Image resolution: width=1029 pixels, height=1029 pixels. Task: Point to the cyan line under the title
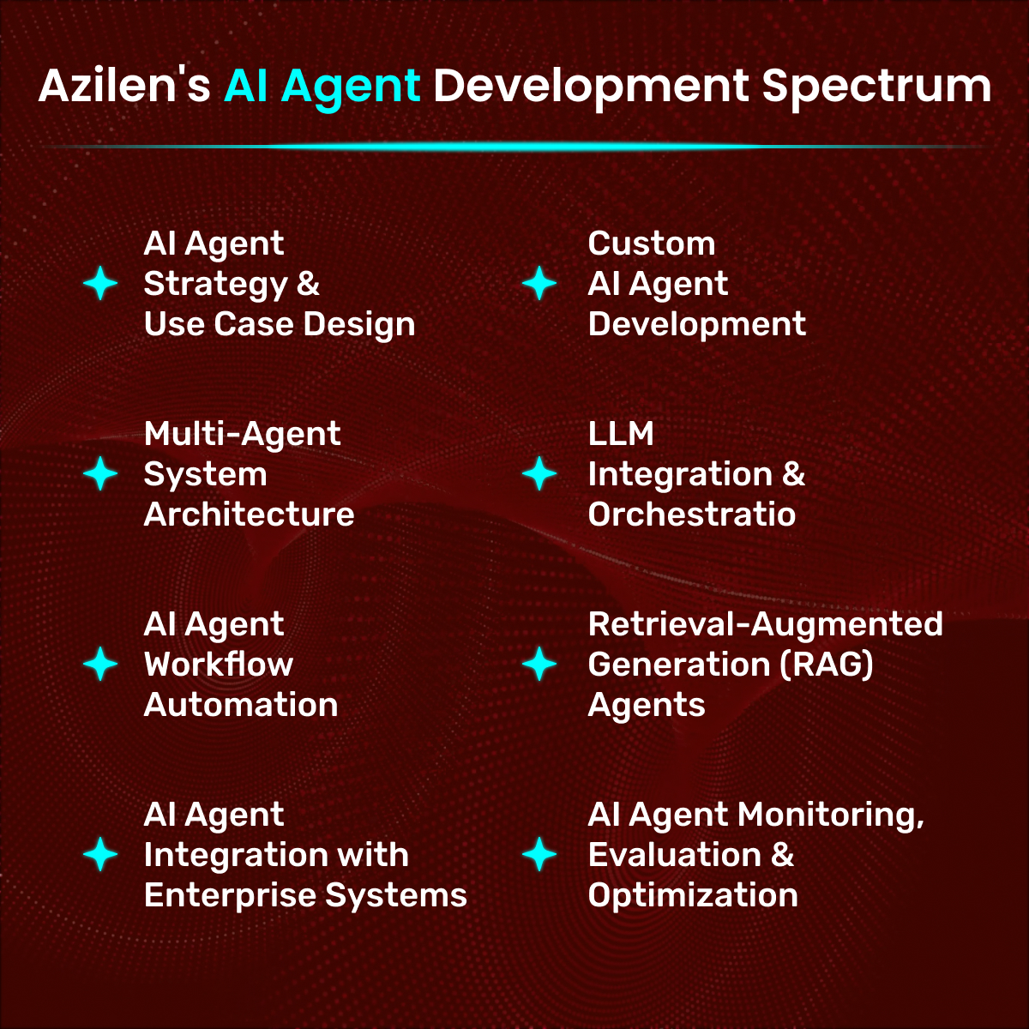[514, 146]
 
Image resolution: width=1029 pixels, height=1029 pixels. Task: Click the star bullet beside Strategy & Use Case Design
[100, 283]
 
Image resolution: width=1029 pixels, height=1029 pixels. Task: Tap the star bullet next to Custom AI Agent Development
[539, 283]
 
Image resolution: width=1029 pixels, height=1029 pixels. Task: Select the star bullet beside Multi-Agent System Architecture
[100, 473]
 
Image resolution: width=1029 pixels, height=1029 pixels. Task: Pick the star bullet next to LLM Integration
[539, 473]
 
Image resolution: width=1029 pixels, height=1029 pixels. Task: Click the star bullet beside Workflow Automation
[100, 664]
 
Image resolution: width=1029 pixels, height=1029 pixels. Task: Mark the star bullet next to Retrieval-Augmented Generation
[539, 664]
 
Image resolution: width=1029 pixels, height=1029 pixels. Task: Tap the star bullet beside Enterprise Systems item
[100, 854]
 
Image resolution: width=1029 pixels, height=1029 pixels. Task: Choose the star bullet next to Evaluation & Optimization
[539, 854]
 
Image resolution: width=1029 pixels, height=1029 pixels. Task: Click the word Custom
[652, 244]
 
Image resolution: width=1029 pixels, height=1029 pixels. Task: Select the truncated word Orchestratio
[691, 514]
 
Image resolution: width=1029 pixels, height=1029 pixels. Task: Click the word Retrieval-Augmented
[765, 626]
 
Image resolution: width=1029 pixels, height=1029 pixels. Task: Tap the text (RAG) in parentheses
[827, 665]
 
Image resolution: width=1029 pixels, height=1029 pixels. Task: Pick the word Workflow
[219, 665]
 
